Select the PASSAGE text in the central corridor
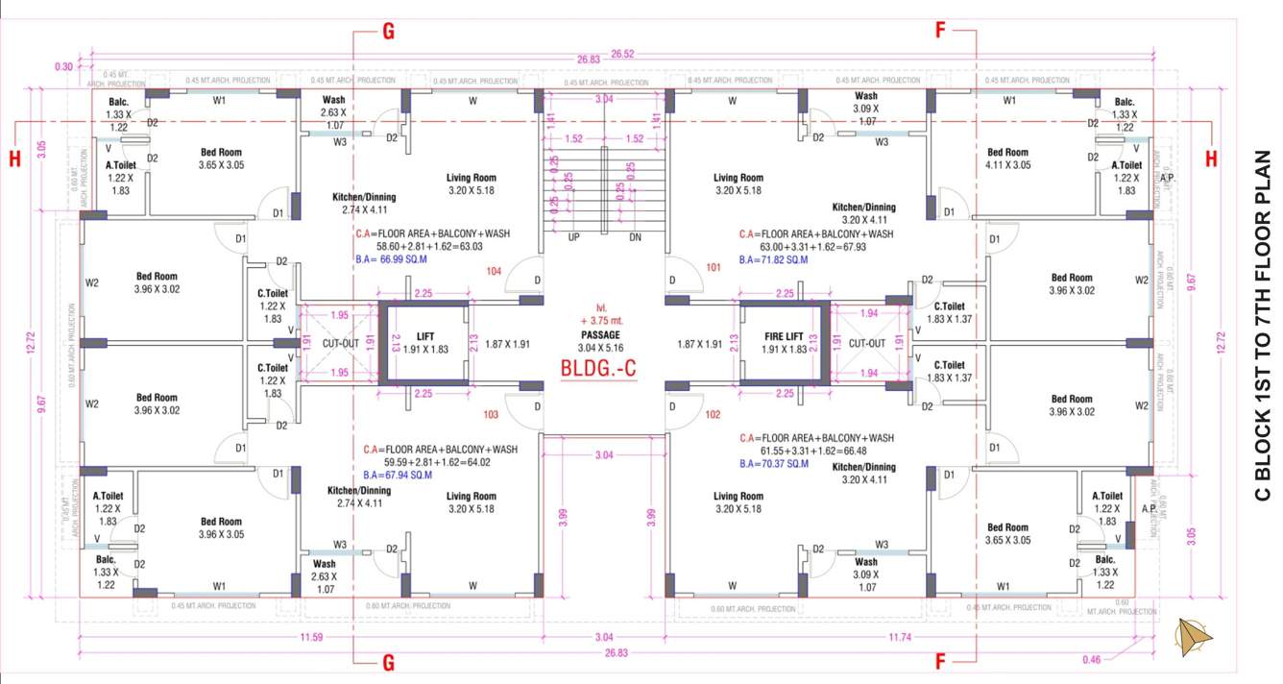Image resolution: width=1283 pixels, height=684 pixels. tap(600, 334)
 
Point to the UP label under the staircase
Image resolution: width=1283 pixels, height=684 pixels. tap(573, 236)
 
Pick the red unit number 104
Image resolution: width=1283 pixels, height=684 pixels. tap(494, 272)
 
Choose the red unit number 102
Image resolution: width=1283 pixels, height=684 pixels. tap(712, 415)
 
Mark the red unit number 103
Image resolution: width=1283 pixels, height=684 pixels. tap(491, 415)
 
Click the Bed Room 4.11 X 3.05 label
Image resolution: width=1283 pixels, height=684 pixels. tap(1008, 159)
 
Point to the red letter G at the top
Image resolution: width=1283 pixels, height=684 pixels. tap(389, 31)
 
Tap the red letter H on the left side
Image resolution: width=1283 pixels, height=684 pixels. tap(14, 159)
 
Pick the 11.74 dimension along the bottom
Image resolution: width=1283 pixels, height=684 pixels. tap(900, 637)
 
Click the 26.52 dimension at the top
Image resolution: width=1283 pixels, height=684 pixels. tap(622, 54)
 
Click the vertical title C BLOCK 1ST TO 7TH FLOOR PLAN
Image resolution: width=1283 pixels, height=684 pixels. tap(1262, 327)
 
